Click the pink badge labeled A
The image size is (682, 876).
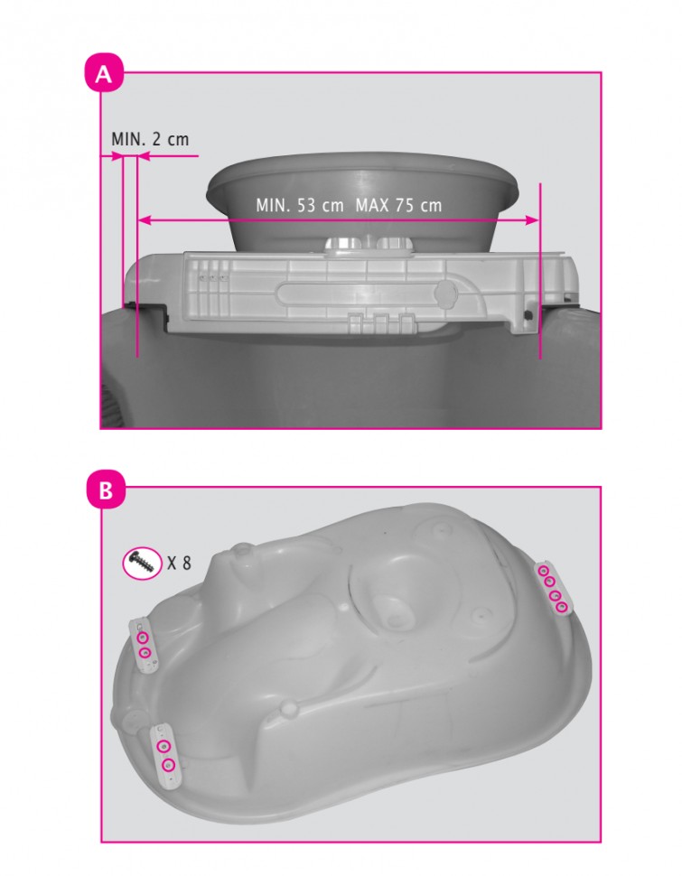(103, 72)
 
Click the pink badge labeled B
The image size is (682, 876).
(106, 490)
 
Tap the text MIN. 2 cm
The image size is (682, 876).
(150, 139)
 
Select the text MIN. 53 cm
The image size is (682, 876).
(300, 205)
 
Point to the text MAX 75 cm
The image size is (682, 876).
(398, 205)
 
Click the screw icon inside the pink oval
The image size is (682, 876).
(142, 563)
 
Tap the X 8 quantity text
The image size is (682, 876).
(180, 563)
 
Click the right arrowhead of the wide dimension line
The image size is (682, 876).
(532, 220)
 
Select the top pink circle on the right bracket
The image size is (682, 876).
(543, 571)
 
